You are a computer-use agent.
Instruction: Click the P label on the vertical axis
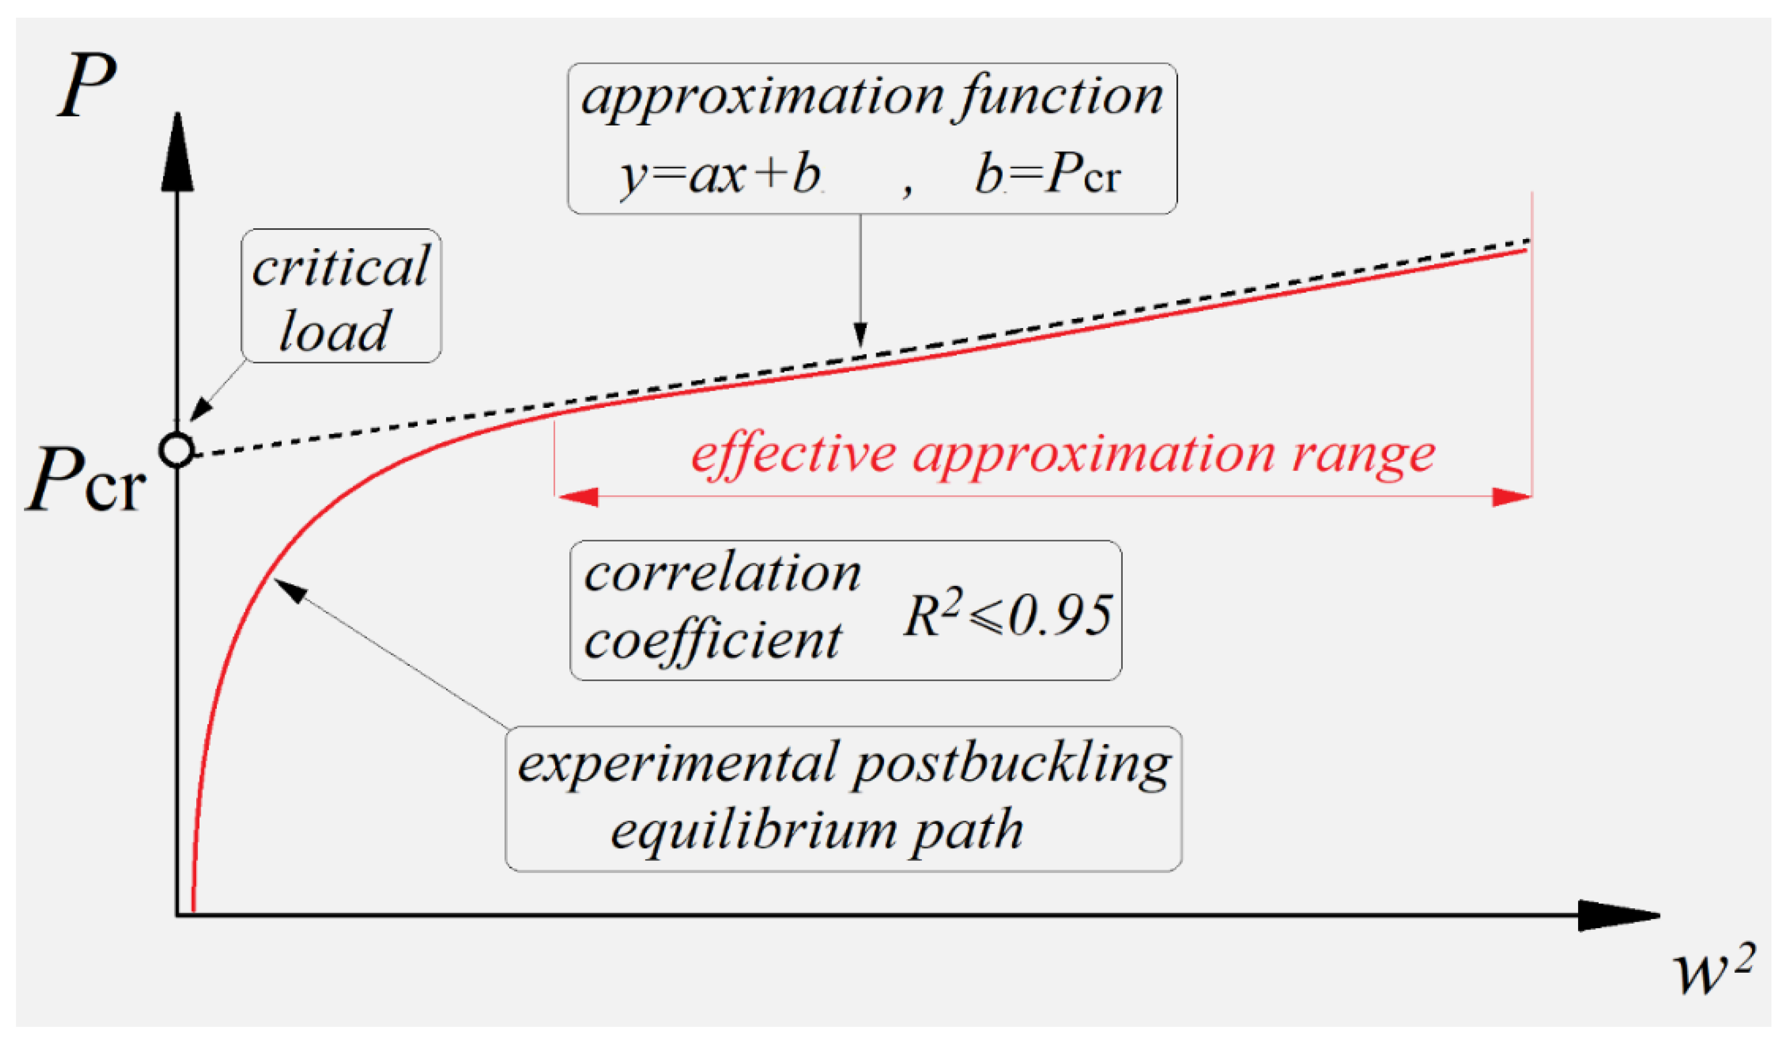(x=87, y=87)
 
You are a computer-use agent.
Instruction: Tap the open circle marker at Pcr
(x=177, y=450)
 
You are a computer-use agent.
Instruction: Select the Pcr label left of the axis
(x=85, y=481)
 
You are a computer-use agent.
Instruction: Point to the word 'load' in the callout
(x=334, y=331)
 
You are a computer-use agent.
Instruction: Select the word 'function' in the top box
(x=1061, y=97)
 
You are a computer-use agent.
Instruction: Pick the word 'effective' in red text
(x=793, y=454)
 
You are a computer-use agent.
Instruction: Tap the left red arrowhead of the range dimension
(x=579, y=497)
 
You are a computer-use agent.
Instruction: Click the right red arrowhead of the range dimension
(x=1511, y=497)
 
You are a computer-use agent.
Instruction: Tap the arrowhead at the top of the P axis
(x=177, y=152)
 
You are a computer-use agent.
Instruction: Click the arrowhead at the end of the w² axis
(x=1618, y=916)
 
